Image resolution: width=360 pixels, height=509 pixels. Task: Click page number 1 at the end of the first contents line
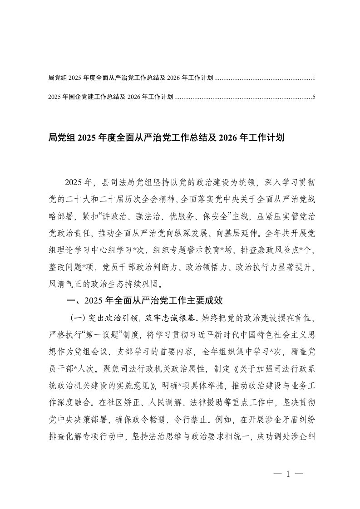pyautogui.click(x=314, y=78)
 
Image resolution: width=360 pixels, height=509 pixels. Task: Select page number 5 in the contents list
pyautogui.click(x=314, y=97)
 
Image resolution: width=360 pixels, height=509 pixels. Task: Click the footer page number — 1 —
pyautogui.click(x=288, y=475)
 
